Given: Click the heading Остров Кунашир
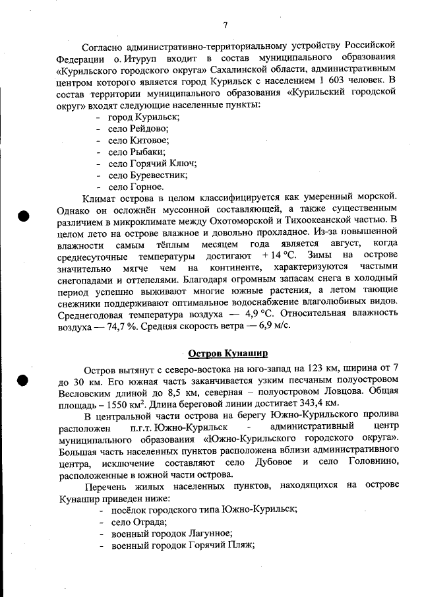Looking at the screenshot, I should click(227, 353).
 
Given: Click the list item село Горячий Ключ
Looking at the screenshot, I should click(152, 164).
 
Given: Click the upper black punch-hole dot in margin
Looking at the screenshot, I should click(24, 216).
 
